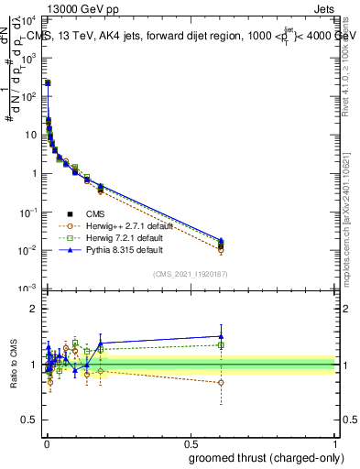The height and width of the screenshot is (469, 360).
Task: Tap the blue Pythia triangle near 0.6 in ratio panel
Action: (x=220, y=336)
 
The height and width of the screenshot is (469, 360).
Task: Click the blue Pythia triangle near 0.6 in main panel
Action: (x=220, y=240)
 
